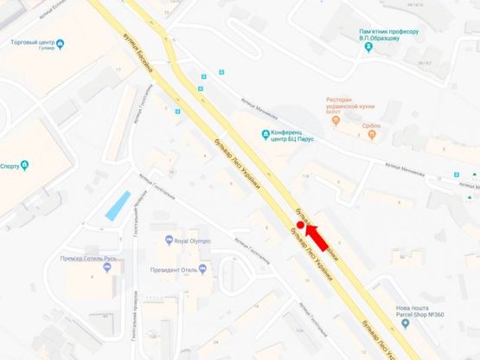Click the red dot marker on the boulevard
click(x=300, y=225)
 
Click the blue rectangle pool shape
click(x=113, y=207)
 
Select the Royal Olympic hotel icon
click(x=169, y=241)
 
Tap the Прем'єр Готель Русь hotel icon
click(x=108, y=267)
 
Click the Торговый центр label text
click(x=35, y=41)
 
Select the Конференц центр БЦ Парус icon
click(x=266, y=132)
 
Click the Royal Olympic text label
click(x=193, y=241)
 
